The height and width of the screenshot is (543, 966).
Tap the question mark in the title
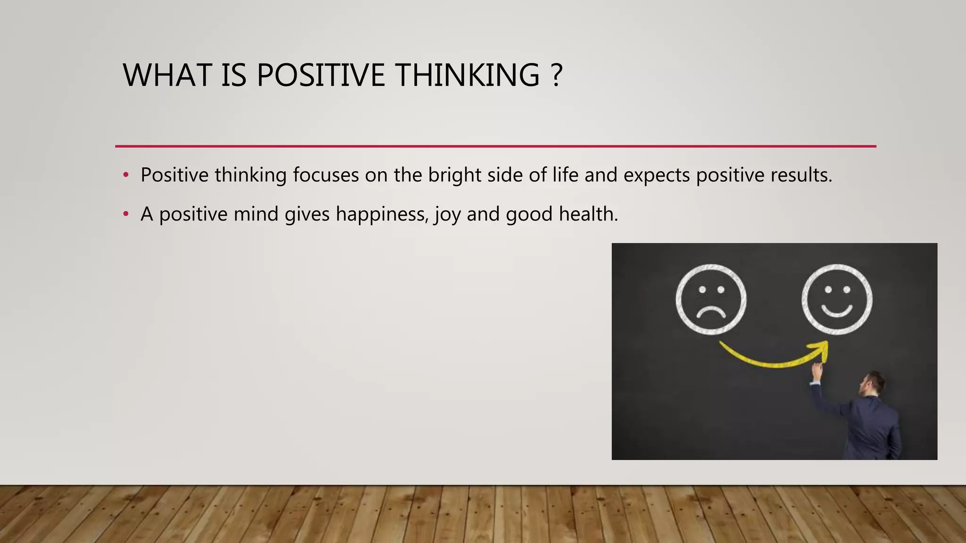556,75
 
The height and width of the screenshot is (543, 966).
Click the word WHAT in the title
167,75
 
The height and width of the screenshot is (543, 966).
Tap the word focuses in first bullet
325,175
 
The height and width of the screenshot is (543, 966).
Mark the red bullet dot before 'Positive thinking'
125,175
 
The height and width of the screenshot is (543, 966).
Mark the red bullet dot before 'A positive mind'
125,214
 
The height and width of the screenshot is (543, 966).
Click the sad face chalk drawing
711,299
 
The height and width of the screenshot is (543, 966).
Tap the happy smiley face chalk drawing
837,299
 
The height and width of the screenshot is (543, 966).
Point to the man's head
873,384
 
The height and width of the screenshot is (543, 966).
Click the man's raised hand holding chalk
817,371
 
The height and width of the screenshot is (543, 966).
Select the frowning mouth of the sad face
711,312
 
